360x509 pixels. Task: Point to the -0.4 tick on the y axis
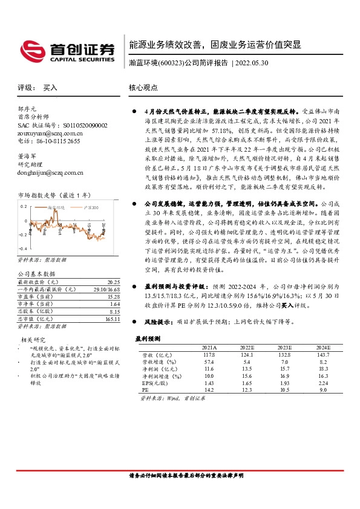[x=24, y=248]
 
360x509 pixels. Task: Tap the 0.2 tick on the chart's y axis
[x=25, y=206]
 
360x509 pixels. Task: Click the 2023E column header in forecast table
[x=284, y=347]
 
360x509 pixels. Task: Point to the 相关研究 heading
[x=34, y=340]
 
